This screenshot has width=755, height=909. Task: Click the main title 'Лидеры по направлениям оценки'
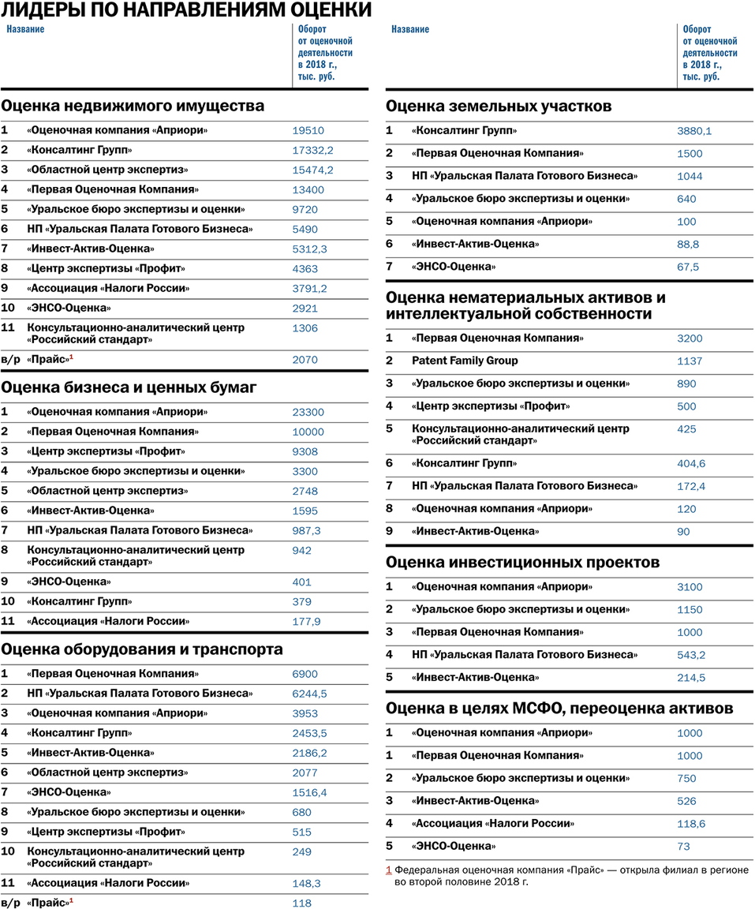point(186,10)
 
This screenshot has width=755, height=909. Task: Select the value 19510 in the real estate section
point(308,131)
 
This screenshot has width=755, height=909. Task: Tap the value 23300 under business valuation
point(308,412)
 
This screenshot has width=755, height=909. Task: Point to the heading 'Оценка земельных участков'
point(499,106)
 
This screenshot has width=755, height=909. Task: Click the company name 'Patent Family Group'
point(465,361)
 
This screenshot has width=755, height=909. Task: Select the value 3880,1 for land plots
point(694,131)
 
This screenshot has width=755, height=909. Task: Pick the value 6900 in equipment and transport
point(305,674)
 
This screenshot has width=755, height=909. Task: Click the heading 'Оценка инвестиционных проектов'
point(522,563)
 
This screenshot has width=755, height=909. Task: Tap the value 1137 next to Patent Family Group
point(690,361)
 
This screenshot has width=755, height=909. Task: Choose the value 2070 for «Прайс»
point(305,360)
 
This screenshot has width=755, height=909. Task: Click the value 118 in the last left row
point(301,903)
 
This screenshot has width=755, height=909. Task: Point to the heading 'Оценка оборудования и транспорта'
point(142,649)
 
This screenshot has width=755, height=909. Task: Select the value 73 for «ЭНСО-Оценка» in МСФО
point(683,847)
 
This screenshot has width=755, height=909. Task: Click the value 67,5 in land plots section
point(688,267)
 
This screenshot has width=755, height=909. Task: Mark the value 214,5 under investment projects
point(691,678)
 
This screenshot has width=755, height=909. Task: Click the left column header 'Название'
point(26,29)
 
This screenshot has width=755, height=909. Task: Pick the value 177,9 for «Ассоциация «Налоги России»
point(306,622)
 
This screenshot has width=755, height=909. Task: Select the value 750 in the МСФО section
point(686,778)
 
